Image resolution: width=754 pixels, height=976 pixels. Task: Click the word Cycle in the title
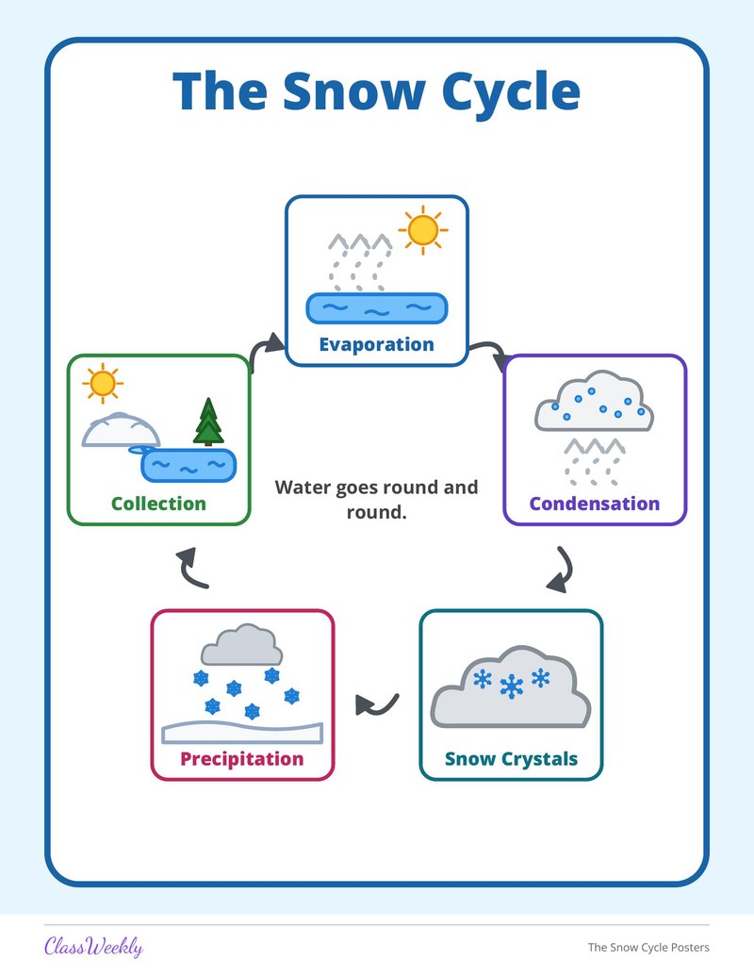pos(511,92)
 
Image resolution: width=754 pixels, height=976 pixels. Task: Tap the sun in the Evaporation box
pos(423,230)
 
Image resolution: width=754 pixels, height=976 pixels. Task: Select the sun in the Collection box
pos(103,383)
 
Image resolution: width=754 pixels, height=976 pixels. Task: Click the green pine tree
pos(208,422)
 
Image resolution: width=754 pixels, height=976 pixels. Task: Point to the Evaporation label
pos(376,344)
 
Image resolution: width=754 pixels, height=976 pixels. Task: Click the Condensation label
pos(594,503)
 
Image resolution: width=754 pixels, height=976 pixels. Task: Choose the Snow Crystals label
pos(511,759)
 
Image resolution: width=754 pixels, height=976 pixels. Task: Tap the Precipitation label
pos(242,759)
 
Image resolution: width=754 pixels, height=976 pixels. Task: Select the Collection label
pos(158,503)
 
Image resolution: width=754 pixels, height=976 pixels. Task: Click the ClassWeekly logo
pos(94,947)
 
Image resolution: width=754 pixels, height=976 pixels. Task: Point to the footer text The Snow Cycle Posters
pos(648,948)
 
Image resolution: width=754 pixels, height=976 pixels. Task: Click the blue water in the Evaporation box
pos(377,308)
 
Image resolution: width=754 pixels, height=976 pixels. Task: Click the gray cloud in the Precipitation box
pos(241,645)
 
